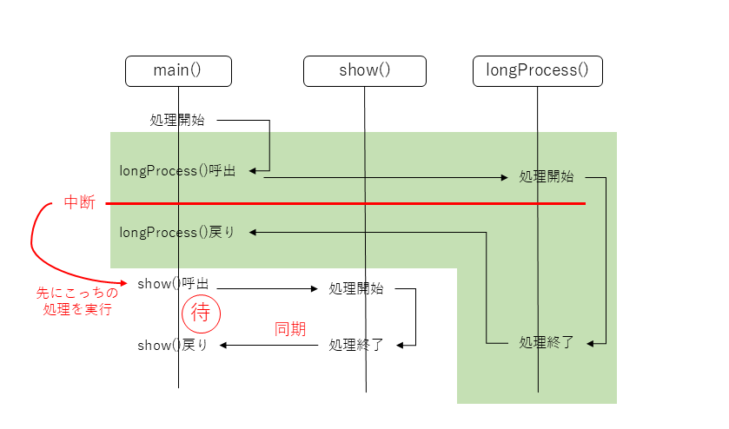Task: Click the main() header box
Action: coord(178,71)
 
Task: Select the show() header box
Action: coord(364,71)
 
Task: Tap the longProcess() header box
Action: coord(537,71)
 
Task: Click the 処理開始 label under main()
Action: coord(177,121)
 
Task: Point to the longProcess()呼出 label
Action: coord(177,171)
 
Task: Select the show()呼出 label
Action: coord(172,284)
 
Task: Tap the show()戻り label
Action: coord(172,345)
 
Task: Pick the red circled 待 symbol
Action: coord(200,313)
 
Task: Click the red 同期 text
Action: coord(289,329)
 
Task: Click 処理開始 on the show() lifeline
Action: coord(356,289)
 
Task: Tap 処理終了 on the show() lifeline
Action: coord(356,345)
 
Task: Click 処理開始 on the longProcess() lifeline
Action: coord(547,176)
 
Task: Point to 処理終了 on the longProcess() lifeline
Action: coord(547,342)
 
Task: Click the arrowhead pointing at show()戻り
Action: coord(224,345)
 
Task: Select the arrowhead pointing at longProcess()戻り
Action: coord(255,232)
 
